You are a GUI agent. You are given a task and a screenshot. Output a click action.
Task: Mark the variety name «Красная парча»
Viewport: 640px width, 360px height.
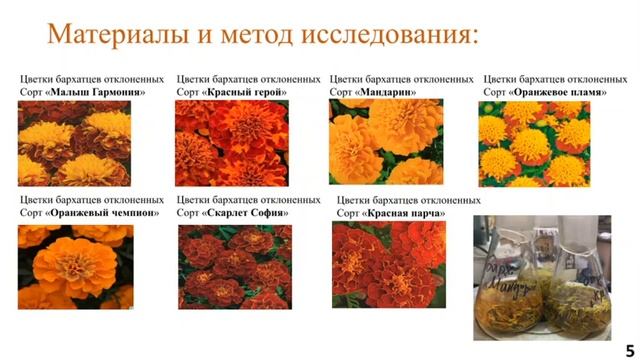pos(404,213)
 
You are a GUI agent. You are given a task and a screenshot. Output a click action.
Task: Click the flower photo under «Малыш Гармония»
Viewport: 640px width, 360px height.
pos(75,142)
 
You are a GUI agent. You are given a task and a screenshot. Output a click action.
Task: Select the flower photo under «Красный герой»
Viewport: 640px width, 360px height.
pos(232,142)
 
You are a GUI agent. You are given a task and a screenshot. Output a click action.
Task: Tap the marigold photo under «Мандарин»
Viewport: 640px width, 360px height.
pos(386,142)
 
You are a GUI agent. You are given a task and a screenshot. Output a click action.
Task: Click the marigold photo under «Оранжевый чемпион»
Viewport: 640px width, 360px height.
pos(75,266)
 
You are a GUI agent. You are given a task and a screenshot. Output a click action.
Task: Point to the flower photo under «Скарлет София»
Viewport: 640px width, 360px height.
pos(235,266)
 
